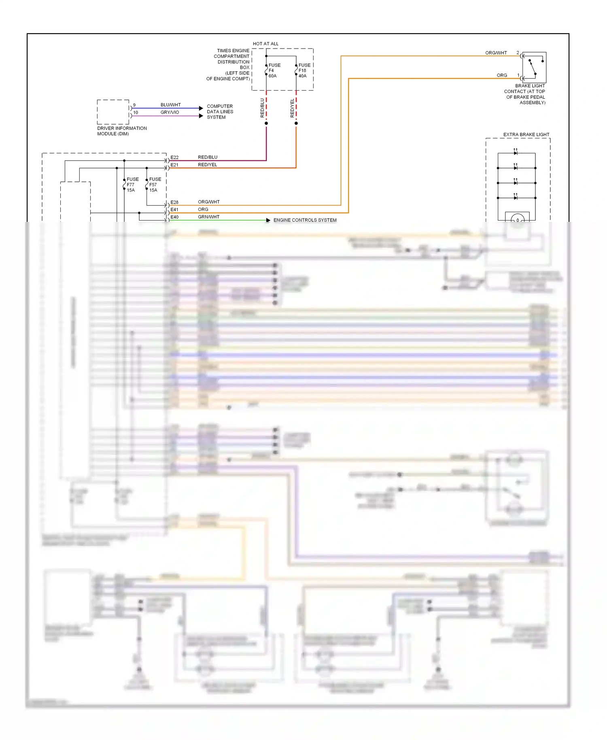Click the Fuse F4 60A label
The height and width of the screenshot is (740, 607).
[274, 70]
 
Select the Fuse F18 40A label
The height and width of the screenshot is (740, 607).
[304, 70]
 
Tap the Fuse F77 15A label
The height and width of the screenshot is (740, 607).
[132, 185]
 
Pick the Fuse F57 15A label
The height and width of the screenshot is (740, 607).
[155, 185]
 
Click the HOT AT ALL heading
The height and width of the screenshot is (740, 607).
[265, 44]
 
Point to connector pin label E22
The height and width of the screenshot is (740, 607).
[174, 157]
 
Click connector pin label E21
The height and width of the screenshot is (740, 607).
[174, 165]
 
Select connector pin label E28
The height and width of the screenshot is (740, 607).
[174, 202]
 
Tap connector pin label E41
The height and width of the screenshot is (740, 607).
[174, 210]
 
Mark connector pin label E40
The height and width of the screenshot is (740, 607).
[174, 217]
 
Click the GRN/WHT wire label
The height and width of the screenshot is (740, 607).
[208, 217]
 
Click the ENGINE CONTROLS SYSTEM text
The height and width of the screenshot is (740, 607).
[305, 220]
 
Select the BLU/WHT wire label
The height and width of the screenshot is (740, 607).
[170, 105]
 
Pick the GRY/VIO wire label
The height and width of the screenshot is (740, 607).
[170, 113]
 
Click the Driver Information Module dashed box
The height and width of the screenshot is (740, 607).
[113, 112]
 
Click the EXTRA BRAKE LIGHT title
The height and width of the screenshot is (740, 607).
[526, 134]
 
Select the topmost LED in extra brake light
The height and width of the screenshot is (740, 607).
[515, 153]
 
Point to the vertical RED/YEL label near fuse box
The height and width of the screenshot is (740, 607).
[292, 108]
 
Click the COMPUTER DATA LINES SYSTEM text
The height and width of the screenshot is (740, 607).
[220, 112]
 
